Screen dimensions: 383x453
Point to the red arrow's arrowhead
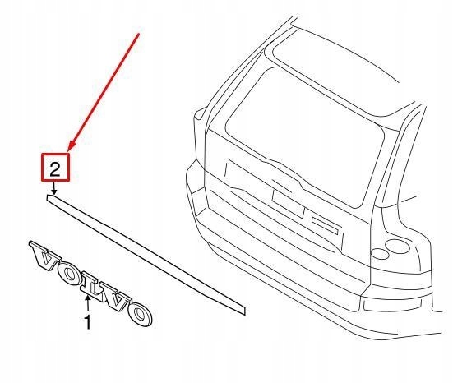[x=71, y=148]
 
